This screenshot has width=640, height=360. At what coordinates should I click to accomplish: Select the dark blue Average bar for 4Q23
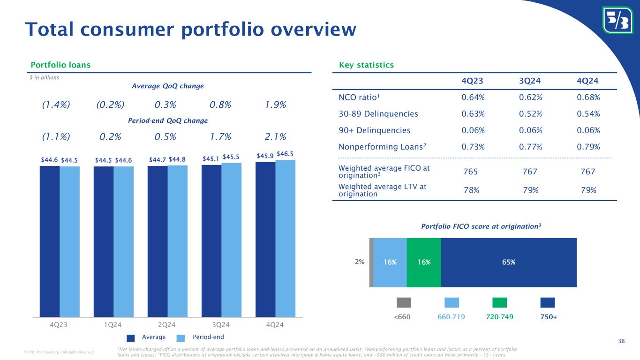[49, 241]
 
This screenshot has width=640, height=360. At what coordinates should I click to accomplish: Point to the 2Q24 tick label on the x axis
[167, 325]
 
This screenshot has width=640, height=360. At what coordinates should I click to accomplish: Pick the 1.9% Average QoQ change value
[276, 105]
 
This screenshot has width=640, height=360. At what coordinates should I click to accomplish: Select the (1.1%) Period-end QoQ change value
[56, 136]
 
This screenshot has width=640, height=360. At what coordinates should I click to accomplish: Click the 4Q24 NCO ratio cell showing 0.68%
[589, 97]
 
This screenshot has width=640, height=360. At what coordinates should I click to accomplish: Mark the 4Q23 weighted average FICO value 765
[470, 172]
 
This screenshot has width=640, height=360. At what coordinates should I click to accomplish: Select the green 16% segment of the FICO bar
[424, 262]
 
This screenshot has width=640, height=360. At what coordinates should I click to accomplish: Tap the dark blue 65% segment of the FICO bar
[509, 262]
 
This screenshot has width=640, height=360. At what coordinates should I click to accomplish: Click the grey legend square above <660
[404, 302]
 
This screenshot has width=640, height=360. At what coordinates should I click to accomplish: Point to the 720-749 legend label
[500, 317]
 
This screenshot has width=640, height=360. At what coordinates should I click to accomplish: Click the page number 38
[621, 342]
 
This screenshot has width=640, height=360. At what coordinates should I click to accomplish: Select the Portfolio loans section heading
[60, 65]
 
